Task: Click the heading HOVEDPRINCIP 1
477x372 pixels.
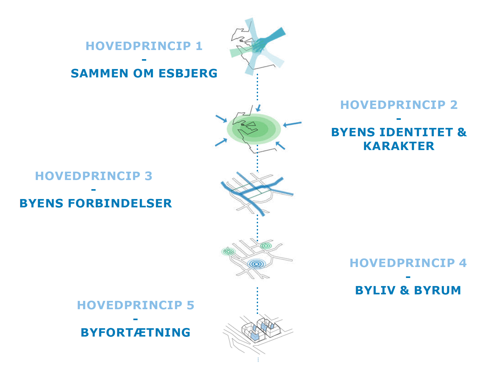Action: [x=144, y=46]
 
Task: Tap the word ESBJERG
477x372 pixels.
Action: [x=188, y=73]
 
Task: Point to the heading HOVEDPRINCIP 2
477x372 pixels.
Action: [x=399, y=105]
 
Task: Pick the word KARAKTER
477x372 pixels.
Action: [x=399, y=146]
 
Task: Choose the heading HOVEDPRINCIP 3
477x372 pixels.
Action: [x=94, y=176]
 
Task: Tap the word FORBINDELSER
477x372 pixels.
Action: [x=120, y=203]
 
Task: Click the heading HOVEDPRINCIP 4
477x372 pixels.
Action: [x=408, y=263]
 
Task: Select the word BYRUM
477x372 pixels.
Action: [x=438, y=290]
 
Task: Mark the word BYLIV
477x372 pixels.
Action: [x=375, y=290]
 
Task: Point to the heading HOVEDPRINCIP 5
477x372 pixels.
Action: [x=136, y=305]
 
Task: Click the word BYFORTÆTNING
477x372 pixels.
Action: [x=136, y=333]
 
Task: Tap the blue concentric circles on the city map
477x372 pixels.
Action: [x=256, y=264]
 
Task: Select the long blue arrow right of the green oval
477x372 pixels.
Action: [x=292, y=124]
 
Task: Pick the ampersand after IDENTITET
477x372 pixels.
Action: [x=462, y=132]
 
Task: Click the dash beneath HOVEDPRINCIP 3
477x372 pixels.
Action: [x=94, y=190]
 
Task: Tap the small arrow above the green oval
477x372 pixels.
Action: [x=258, y=108]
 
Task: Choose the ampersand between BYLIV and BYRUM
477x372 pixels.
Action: [x=404, y=290]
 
